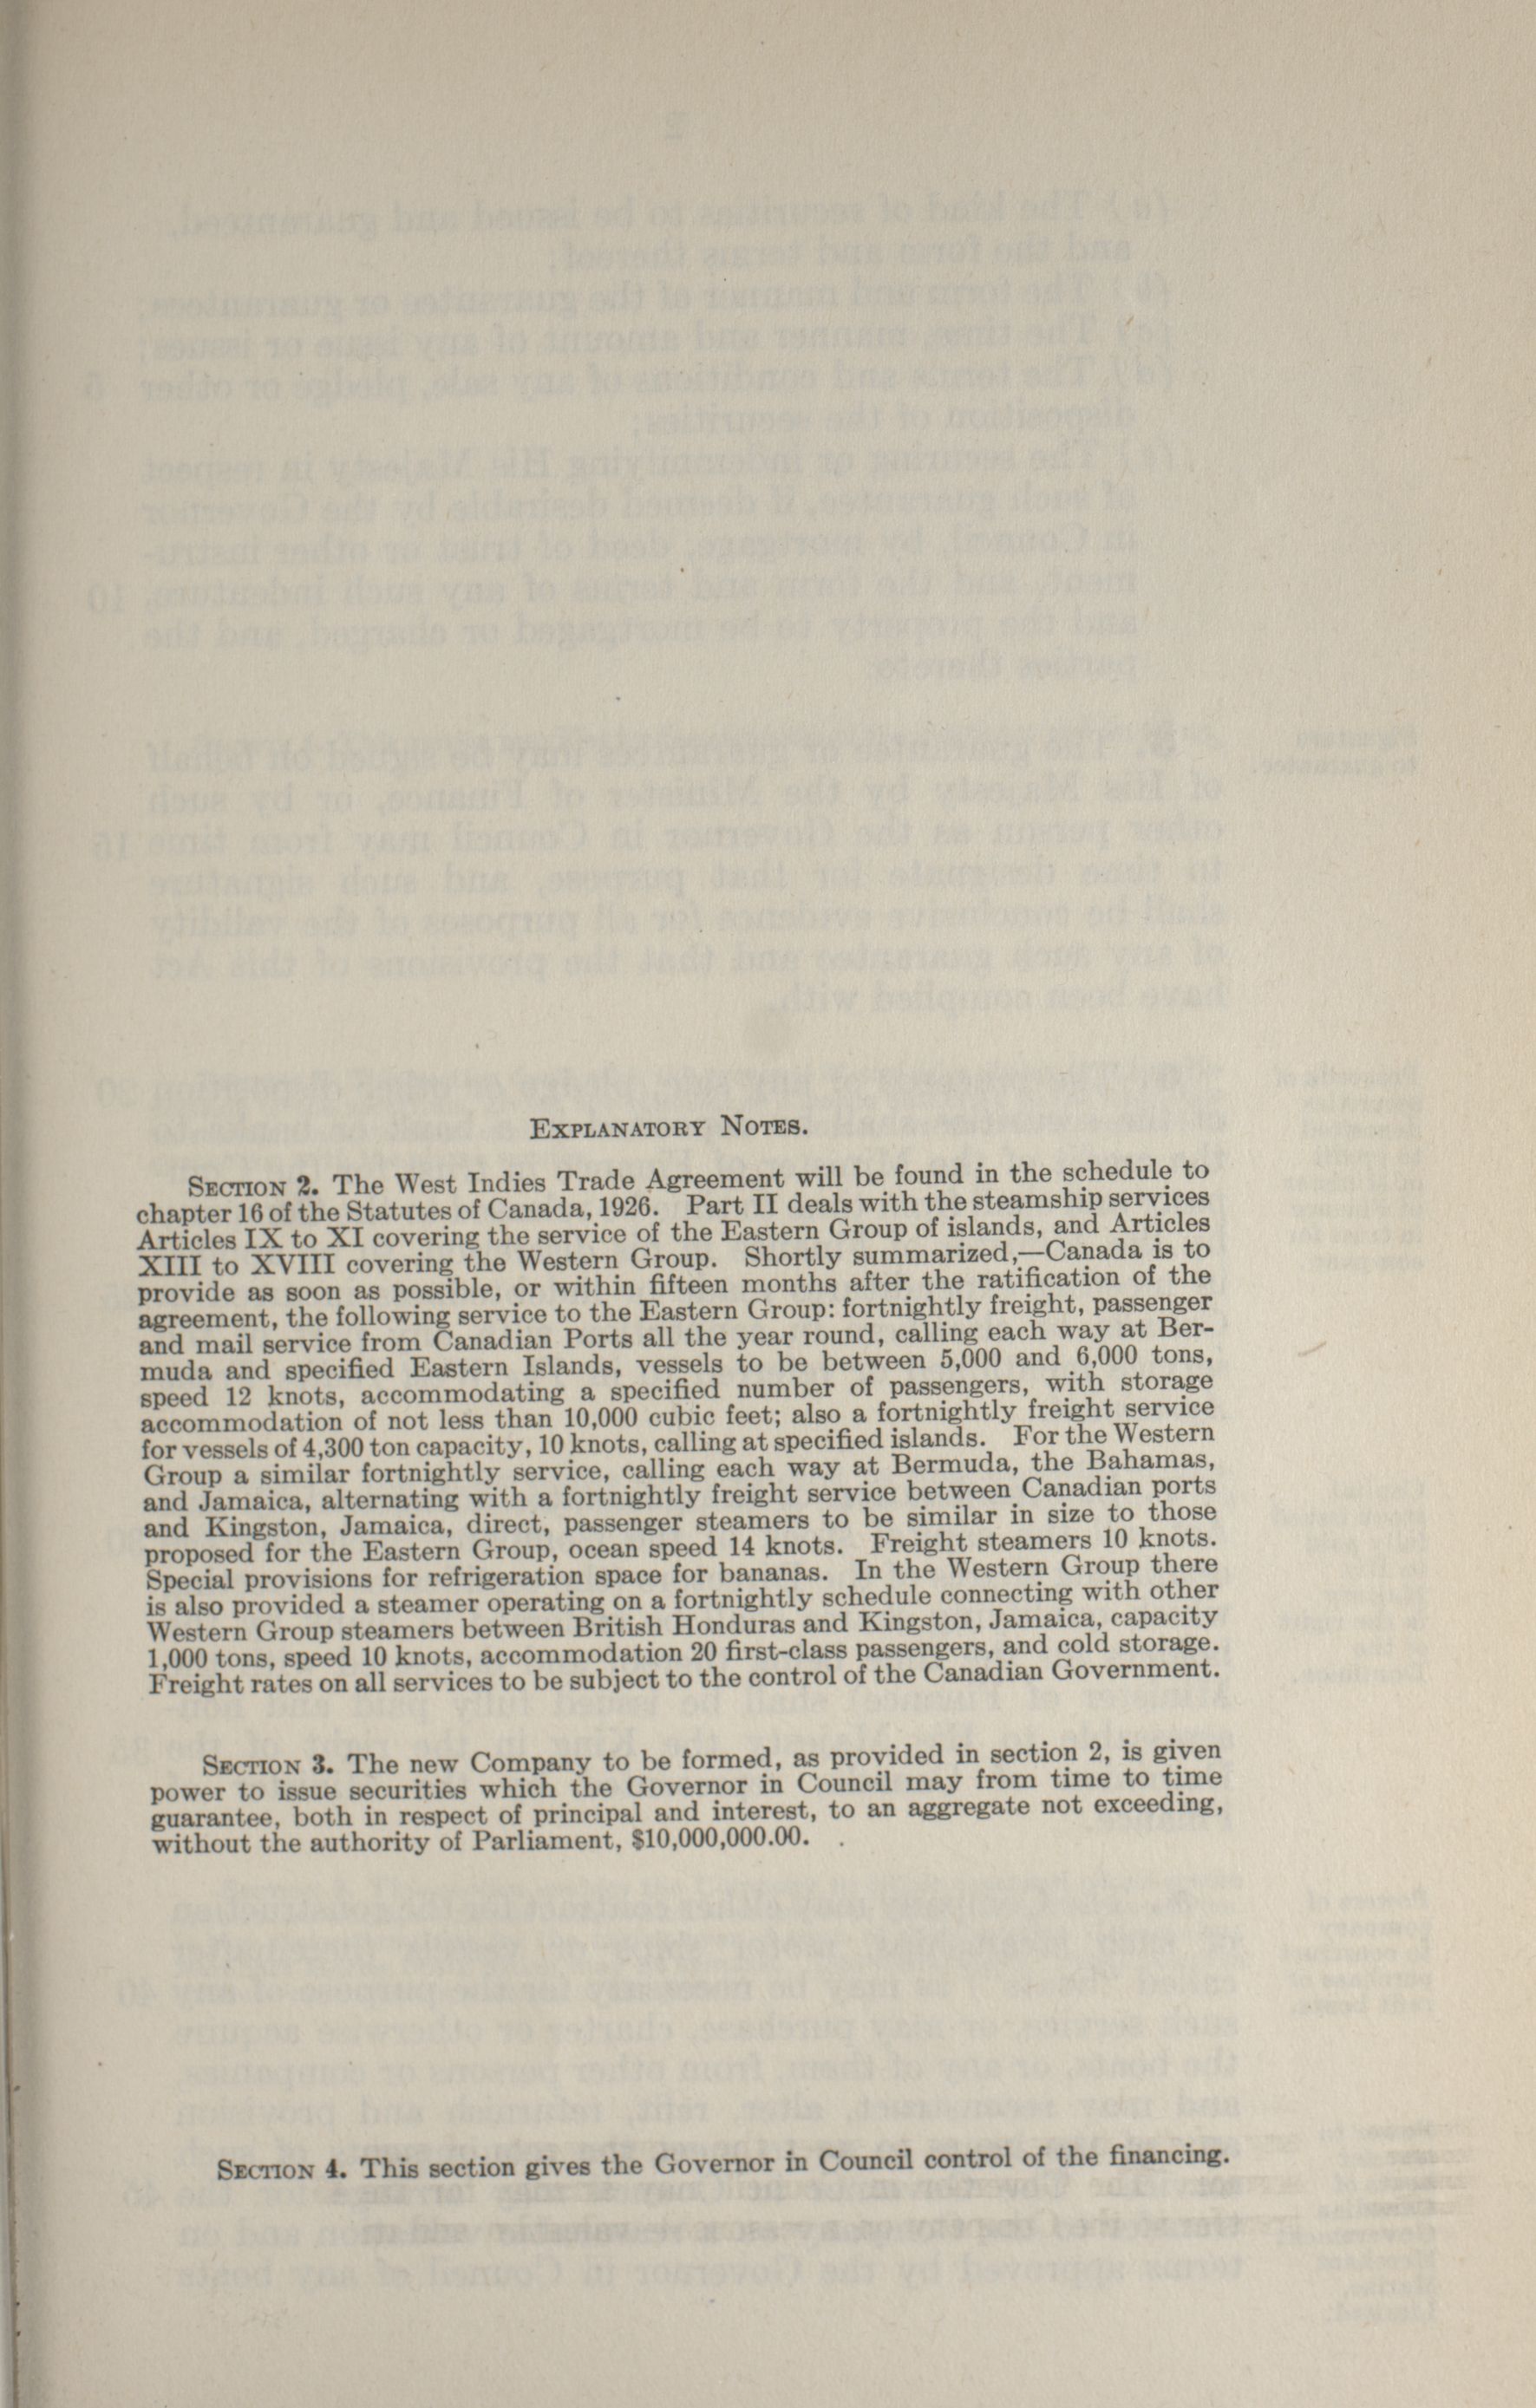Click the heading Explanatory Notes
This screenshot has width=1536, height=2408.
pos(667,1129)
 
